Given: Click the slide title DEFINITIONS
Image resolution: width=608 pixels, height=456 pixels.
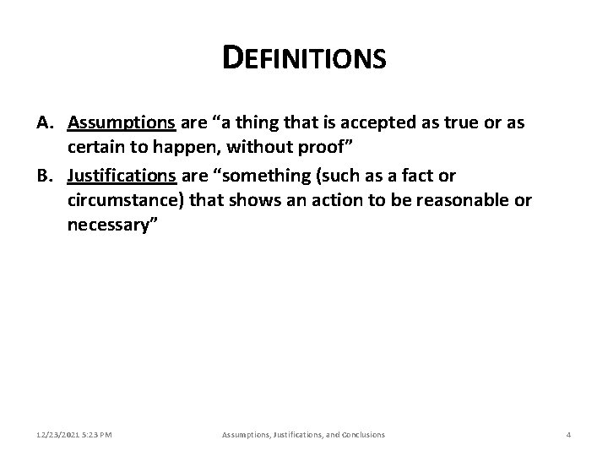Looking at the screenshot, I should click(304, 59).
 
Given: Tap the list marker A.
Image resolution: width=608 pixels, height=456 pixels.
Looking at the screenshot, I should click(46, 123).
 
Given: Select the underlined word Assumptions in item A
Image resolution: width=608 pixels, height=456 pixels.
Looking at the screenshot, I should click(122, 123).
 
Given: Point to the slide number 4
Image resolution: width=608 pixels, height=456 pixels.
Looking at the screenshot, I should click(569, 434).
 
